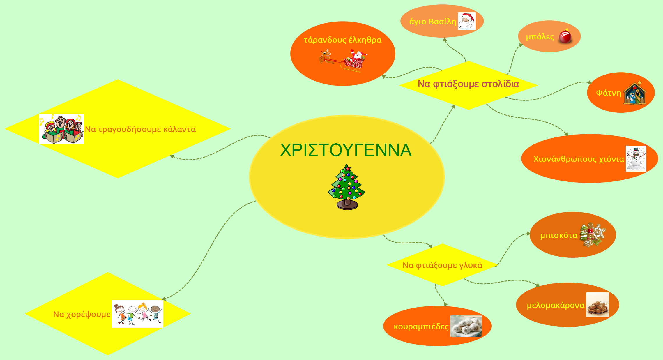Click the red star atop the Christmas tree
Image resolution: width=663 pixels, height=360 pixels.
coord(348,168)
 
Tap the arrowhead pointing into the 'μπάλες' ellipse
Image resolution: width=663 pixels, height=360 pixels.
coord(521,45)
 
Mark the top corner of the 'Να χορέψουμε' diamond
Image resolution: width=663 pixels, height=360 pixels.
coord(107,272)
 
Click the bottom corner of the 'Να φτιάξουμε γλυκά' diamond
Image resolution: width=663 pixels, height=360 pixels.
coord(443,286)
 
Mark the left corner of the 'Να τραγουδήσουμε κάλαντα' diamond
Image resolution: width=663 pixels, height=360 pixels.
coord(5,129)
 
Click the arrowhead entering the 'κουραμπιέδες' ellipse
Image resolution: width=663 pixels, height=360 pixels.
coord(446,305)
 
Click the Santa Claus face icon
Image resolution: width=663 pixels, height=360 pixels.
coord(467,21)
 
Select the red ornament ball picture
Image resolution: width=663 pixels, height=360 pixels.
coord(565,36)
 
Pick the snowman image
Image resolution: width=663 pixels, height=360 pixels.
coord(636,158)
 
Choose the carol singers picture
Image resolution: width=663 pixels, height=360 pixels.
coord(61,129)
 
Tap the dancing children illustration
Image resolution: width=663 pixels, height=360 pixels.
coord(137,314)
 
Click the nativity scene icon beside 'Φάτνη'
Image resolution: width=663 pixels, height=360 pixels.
coord(635,93)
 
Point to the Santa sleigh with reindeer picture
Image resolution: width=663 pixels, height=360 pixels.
coord(343,60)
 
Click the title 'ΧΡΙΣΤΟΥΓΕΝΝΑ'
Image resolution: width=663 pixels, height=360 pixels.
coord(346,150)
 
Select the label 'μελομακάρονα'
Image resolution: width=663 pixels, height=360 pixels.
coord(556,305)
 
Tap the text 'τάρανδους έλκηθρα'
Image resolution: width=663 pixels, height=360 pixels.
coord(343,40)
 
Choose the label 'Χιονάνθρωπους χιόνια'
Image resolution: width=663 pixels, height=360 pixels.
coord(579,159)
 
